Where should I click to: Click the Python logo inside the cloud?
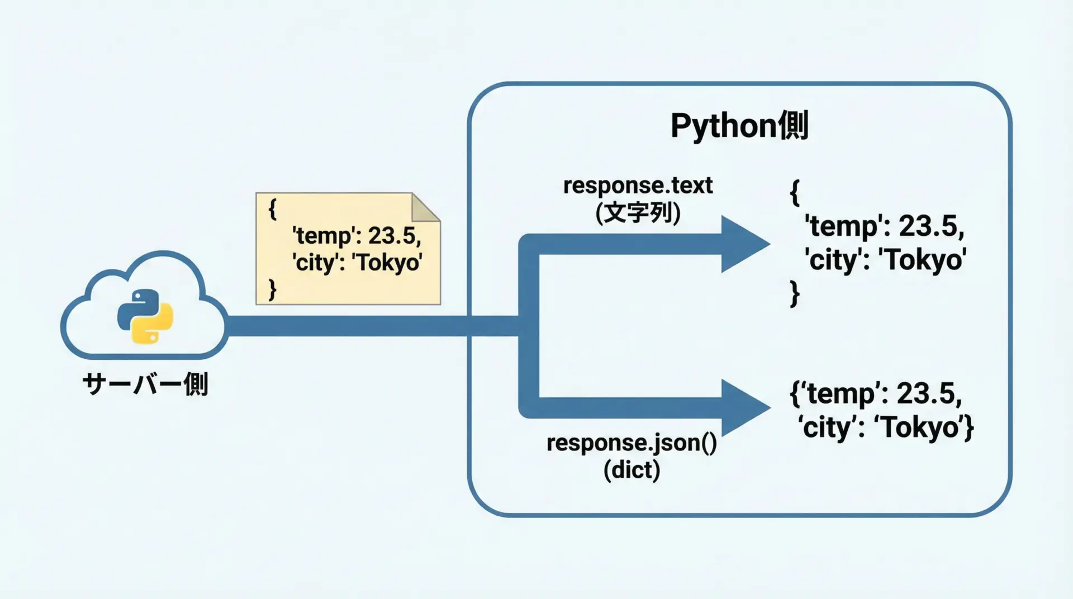(x=145, y=316)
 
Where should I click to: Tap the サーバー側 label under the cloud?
(x=145, y=384)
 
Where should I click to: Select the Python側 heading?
(x=739, y=126)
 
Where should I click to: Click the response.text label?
(x=638, y=186)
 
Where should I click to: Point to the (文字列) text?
(x=638, y=213)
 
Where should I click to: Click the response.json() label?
(x=632, y=443)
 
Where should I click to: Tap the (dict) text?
(x=632, y=470)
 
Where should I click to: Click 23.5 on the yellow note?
(x=394, y=235)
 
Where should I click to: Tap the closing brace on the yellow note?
(x=272, y=290)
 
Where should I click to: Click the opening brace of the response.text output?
(x=795, y=193)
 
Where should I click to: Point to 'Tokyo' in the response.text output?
(x=922, y=260)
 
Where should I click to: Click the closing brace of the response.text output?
(x=795, y=294)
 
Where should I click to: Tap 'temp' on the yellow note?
(x=323, y=235)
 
